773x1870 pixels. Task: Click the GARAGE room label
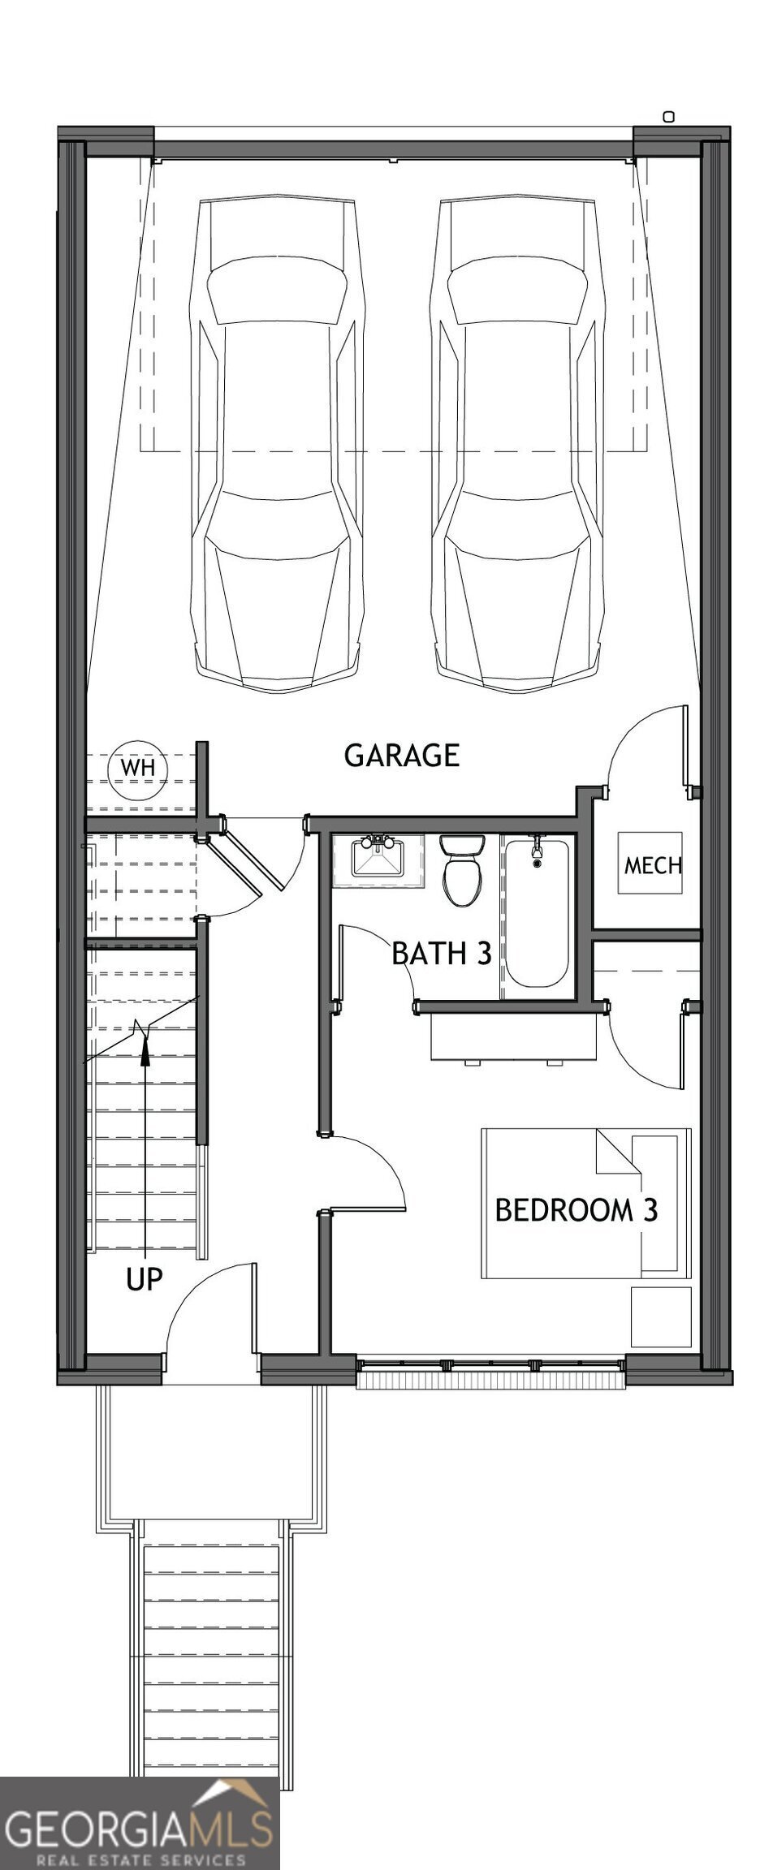402,755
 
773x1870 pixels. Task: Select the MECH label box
652,864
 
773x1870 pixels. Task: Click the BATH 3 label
442,953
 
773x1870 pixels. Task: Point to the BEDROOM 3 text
576,1210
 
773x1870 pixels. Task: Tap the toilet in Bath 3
462,870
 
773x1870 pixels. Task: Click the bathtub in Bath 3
536,912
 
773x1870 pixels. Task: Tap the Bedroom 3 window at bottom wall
490,1376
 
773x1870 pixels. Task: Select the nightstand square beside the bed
662,1316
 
